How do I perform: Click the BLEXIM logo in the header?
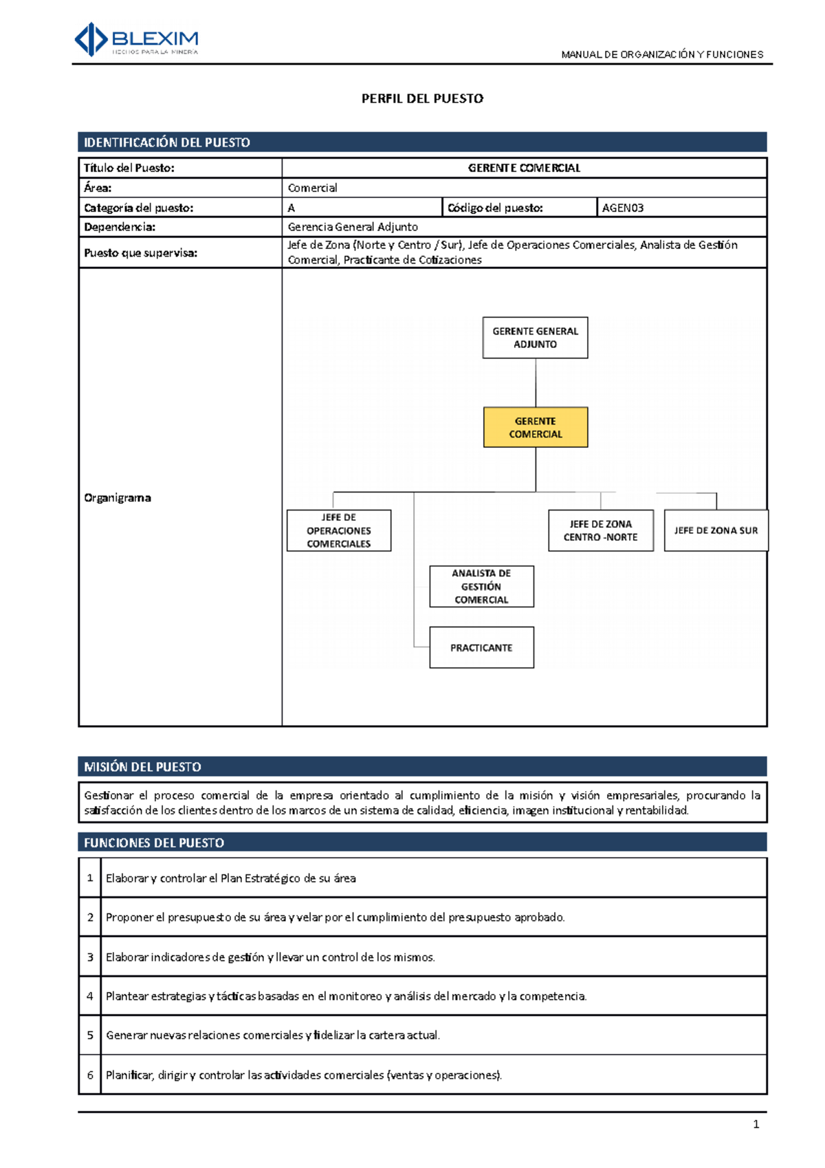coord(136,39)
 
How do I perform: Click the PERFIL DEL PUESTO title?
coord(422,98)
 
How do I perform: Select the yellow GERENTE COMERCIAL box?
coord(536,427)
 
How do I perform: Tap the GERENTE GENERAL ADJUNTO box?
coord(535,338)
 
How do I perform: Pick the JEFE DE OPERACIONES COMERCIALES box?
coord(339,530)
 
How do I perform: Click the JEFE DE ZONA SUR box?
coord(716,530)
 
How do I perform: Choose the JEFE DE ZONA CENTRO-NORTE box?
coord(600,530)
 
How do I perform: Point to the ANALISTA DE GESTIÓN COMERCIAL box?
coord(481,586)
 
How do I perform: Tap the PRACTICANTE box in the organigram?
coord(481,647)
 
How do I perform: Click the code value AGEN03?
coord(623,208)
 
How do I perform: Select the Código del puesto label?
coord(495,208)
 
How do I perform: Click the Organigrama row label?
coord(118,497)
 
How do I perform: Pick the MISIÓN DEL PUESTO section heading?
coord(142,766)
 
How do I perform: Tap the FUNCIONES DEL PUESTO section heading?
coord(154,843)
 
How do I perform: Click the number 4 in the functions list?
coord(90,995)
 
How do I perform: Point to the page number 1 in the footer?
coord(756,1124)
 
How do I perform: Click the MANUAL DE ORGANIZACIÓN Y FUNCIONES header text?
coord(662,54)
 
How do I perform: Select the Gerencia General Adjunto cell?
coord(353,227)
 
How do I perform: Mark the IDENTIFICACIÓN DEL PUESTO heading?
coord(167,142)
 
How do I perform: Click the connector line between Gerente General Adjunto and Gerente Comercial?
coord(536,382)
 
